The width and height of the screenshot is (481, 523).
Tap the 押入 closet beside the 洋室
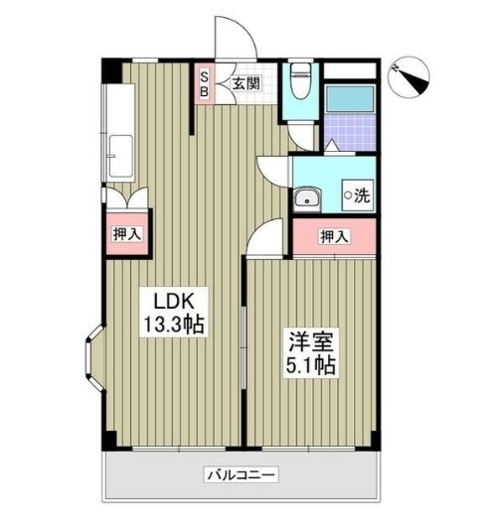pos(335,237)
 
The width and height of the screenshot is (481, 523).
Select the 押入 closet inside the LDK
pos(126,235)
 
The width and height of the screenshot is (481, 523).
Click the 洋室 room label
pos(309,339)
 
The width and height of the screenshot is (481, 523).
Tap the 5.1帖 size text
pos(309,364)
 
